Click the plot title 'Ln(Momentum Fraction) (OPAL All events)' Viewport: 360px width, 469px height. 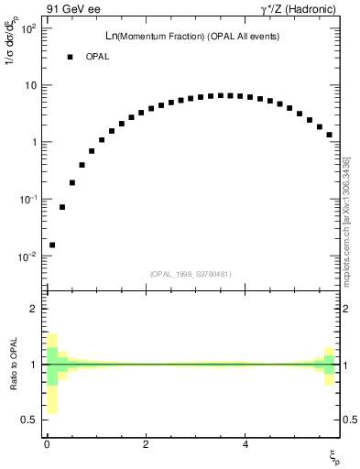[191, 36]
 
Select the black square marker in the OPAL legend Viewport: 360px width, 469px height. [70, 57]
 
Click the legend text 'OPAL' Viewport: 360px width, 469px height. [98, 57]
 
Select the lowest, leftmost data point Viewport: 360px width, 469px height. [52, 245]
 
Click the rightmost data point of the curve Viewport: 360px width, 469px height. [329, 135]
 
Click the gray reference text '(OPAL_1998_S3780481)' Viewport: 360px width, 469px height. [191, 274]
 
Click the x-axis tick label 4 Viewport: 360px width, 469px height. [245, 444]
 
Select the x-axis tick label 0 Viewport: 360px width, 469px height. [47, 444]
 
